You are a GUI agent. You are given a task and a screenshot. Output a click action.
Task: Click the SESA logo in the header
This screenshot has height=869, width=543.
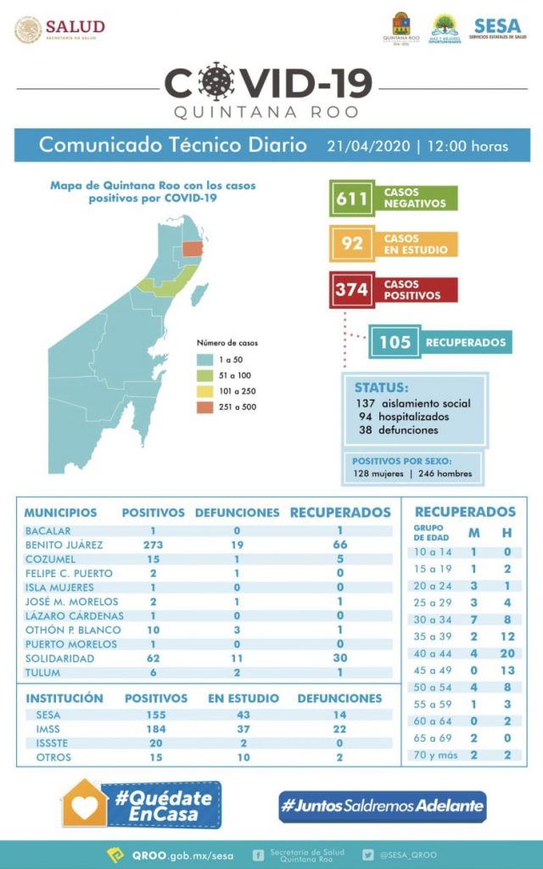click(498, 29)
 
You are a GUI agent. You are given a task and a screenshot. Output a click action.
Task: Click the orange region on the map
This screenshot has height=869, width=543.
click(193, 248)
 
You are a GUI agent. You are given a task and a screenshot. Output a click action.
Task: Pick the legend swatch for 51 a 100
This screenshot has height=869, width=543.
click(204, 375)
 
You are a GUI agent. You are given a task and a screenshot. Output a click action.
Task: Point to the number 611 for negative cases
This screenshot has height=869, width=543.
click(350, 199)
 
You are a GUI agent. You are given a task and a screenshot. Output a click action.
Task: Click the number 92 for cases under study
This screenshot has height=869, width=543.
click(350, 244)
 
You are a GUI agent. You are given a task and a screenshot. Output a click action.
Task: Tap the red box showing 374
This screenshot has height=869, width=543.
click(350, 289)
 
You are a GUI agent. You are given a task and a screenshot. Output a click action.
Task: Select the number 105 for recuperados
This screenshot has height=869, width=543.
click(395, 342)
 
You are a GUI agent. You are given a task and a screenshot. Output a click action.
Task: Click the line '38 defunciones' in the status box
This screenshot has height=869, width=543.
click(398, 430)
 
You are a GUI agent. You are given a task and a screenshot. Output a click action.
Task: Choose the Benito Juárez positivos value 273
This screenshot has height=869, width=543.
click(153, 545)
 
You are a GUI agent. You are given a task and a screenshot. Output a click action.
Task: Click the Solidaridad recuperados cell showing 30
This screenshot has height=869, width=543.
click(339, 658)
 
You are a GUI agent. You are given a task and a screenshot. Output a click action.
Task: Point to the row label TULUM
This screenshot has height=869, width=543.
click(42, 672)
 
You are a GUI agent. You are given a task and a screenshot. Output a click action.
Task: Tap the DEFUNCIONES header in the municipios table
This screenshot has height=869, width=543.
click(237, 513)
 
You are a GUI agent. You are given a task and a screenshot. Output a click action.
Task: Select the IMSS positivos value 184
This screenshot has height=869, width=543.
click(155, 728)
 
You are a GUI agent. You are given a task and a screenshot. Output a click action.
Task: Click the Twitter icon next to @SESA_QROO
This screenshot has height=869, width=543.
click(367, 855)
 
